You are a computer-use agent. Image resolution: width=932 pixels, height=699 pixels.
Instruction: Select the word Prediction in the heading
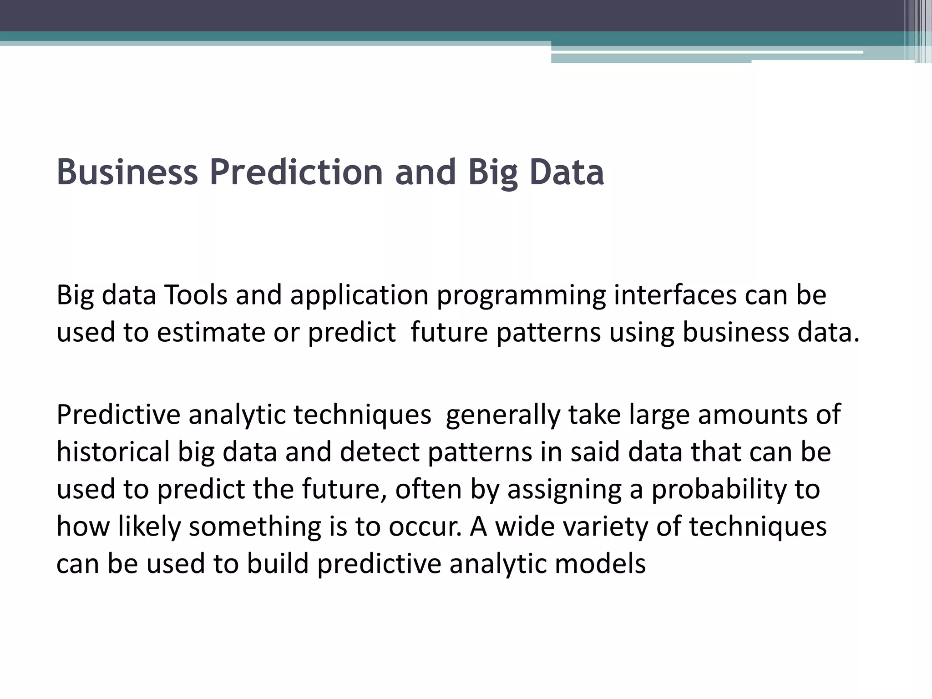click(296, 173)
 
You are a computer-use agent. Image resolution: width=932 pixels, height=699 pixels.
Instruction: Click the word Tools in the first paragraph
click(195, 295)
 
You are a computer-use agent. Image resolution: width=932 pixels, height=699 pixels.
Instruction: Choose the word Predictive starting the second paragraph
click(118, 415)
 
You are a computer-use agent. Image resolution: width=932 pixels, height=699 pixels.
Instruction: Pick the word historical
click(113, 452)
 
